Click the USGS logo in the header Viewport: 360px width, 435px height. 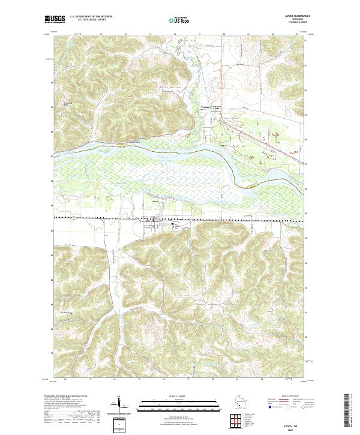pos(55,19)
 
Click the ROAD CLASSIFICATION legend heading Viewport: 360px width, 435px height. pos(289,397)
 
